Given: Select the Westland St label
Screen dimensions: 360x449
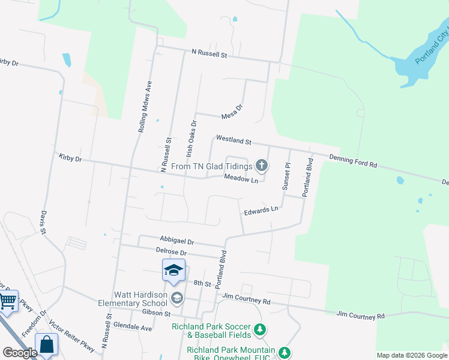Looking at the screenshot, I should coord(234,140).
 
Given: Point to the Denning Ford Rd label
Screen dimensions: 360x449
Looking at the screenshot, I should coord(353,161).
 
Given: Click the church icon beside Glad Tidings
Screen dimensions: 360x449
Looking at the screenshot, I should coord(261,164).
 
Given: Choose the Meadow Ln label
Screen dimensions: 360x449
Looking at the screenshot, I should coord(241,179).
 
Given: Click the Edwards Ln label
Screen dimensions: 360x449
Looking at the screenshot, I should coord(261,210).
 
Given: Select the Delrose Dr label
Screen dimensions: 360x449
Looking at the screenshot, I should coord(172,253).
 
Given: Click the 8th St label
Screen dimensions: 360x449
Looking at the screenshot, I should coord(199,282).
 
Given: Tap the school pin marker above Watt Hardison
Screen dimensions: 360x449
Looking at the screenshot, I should coord(173,271).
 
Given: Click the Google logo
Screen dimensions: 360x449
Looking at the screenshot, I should coord(20,353).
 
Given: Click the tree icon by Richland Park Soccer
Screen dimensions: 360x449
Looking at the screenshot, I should coord(260,329).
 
